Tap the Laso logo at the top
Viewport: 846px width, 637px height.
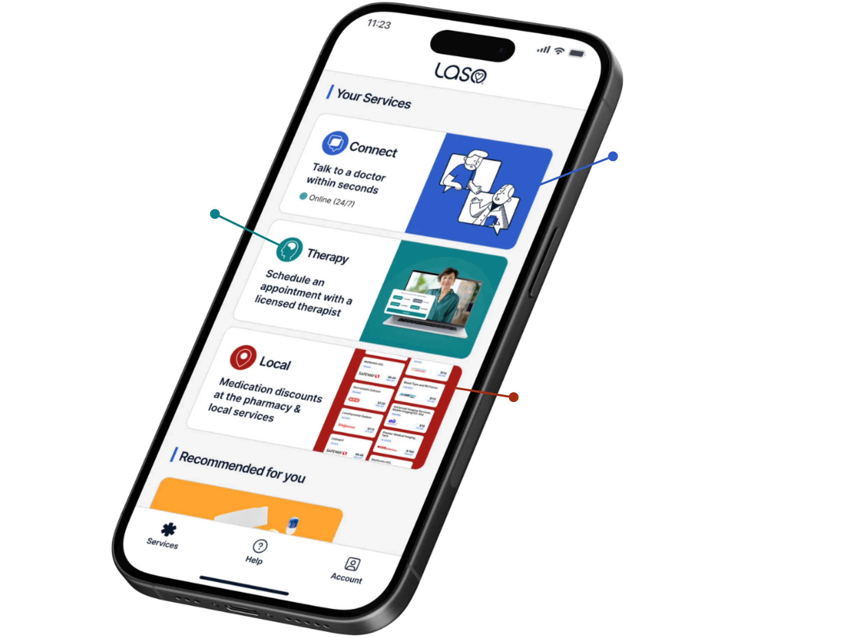coord(460,73)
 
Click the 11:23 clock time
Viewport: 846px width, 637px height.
coord(379,24)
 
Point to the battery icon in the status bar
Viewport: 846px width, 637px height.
coord(576,53)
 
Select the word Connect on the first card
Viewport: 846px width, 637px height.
coord(373,149)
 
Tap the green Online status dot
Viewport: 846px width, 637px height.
coord(303,196)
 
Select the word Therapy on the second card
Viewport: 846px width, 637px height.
coord(328,256)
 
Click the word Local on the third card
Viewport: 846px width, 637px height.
coord(275,364)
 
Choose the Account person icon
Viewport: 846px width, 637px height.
coord(352,564)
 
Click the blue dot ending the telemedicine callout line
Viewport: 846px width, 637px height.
coord(612,156)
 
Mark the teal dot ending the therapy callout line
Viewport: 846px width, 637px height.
coord(215,214)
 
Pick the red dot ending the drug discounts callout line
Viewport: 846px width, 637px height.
coord(514,397)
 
